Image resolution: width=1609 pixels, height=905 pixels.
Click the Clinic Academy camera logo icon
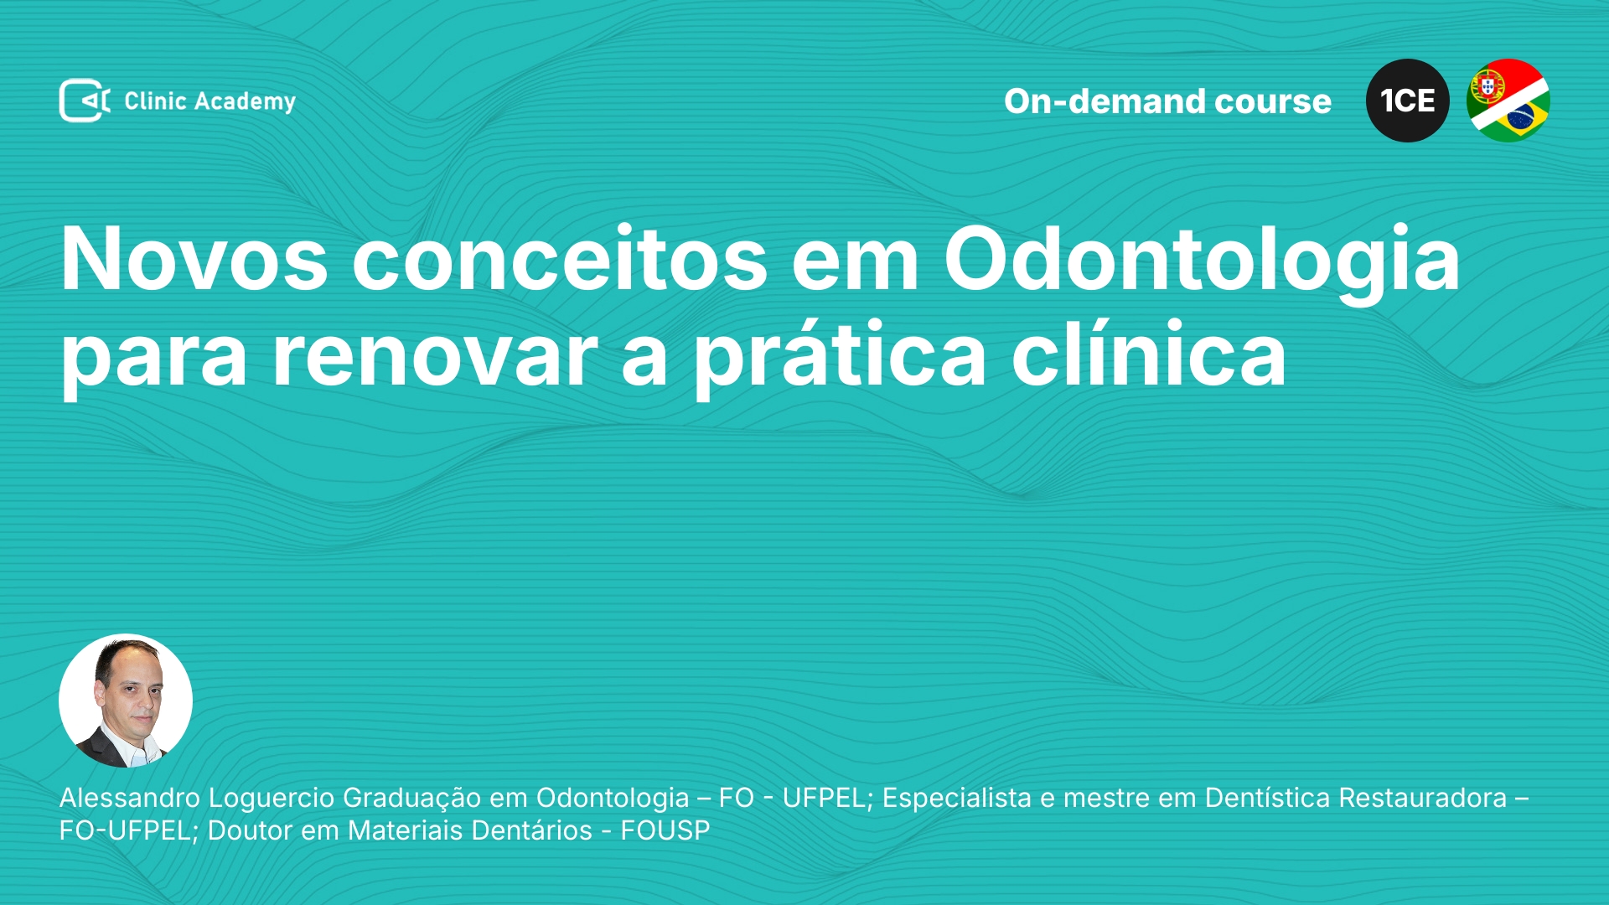(x=85, y=101)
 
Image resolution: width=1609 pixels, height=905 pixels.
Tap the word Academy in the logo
(x=245, y=102)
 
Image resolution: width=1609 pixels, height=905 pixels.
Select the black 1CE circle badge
(x=1407, y=101)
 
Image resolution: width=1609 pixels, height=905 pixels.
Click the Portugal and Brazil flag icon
(x=1508, y=101)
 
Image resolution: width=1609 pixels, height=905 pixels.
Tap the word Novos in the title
(x=194, y=259)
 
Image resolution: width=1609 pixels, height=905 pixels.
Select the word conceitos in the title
(x=560, y=259)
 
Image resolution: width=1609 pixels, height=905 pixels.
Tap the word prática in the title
(x=841, y=356)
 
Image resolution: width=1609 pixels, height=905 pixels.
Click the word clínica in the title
(x=1149, y=353)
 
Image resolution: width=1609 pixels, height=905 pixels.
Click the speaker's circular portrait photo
(x=126, y=701)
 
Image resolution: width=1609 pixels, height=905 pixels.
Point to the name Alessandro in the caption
(x=130, y=798)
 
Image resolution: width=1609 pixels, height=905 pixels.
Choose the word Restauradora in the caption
(x=1423, y=798)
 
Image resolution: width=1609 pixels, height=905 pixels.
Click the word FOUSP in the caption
(x=665, y=830)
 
